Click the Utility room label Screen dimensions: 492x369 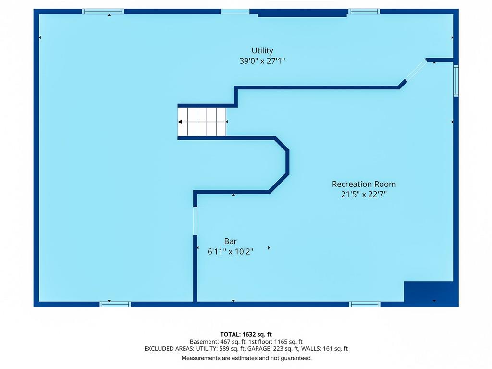coord(262,50)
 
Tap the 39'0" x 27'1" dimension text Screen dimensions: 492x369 coord(262,61)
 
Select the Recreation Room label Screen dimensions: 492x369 coord(364,184)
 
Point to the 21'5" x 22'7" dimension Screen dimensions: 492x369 coord(364,194)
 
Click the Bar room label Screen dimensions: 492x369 coord(230,241)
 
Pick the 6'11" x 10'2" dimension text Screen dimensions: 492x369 coord(230,252)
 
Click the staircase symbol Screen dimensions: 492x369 coord(202,122)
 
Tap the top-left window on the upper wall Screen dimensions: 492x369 coord(103,12)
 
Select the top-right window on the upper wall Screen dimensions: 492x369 coord(364,12)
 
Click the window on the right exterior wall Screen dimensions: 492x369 coord(455,80)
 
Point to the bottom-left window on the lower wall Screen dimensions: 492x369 coord(115,304)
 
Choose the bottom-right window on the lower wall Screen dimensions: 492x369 coord(364,304)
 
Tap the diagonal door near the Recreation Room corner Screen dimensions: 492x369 coord(417,70)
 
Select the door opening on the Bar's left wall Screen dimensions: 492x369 coord(195,221)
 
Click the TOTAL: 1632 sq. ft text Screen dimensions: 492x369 coord(246,334)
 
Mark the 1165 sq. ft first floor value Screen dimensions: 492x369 coord(288,342)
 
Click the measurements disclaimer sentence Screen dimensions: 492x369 coord(246,358)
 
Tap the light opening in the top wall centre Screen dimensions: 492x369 coord(234,12)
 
